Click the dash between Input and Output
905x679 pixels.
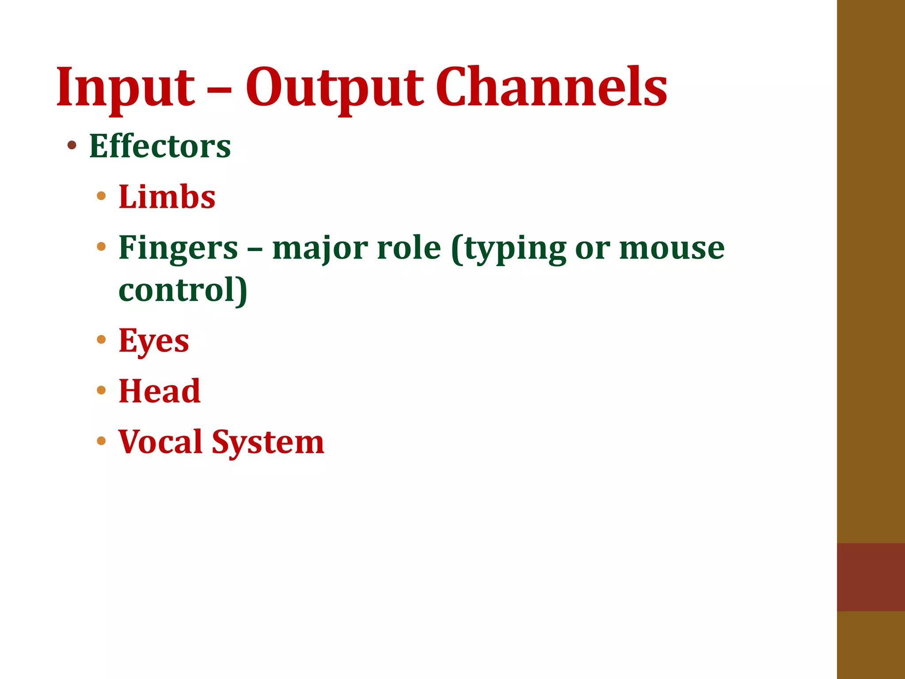point(219,88)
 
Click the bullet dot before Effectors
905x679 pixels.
point(72,145)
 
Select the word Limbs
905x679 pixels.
point(167,197)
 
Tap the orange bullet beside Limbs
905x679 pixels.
point(101,195)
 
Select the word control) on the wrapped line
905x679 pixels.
point(183,291)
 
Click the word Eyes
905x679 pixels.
point(154,341)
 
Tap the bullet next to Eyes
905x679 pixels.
point(101,339)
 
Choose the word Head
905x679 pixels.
point(160,391)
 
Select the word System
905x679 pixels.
point(268,442)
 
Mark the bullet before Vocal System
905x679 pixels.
point(101,441)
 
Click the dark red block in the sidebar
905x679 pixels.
point(871,576)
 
